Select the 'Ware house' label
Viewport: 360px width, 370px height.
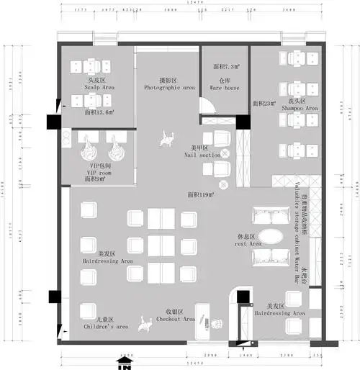click(224, 88)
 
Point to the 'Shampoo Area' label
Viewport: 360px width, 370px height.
click(302, 109)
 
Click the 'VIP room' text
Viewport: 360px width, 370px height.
click(99, 173)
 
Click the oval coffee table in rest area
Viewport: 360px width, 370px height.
click(272, 236)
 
